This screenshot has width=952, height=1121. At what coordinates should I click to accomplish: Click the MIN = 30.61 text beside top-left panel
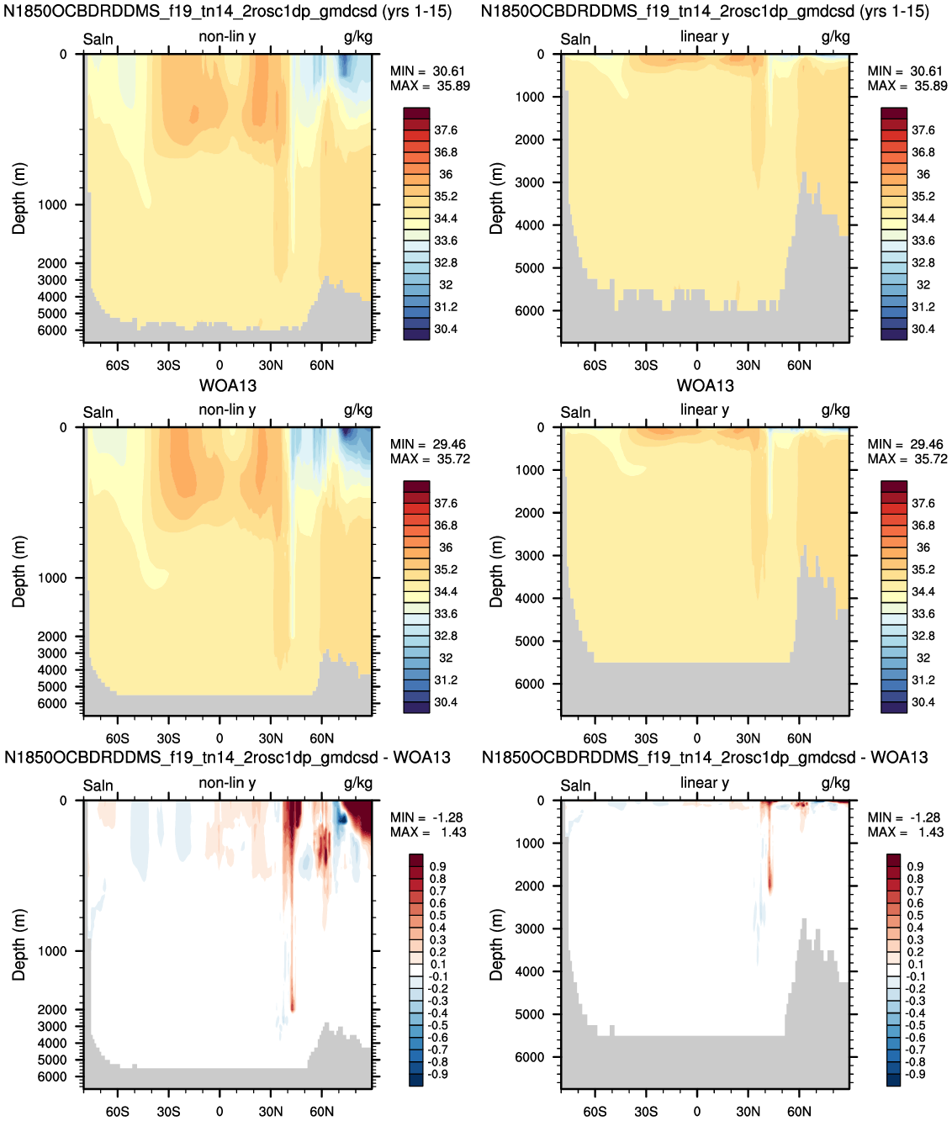pos(427,71)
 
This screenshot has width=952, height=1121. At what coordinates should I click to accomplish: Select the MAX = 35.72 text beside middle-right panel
pos(907,459)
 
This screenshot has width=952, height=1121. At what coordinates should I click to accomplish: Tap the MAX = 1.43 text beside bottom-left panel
pos(428,832)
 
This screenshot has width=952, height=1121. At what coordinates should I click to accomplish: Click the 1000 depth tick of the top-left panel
pos(52,205)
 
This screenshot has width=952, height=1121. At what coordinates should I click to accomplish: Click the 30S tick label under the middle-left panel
pos(168,738)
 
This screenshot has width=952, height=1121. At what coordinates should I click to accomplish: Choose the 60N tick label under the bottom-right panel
pos(799,1111)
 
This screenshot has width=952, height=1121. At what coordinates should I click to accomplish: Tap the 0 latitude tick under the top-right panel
pos(697,365)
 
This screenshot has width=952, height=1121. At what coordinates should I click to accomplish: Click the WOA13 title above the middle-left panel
pos(228,386)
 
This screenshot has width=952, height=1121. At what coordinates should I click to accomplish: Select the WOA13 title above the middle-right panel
pos(706,386)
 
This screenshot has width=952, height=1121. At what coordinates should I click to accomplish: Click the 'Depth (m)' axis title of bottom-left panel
pos(19,944)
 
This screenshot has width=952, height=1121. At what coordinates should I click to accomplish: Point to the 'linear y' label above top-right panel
pos(705,37)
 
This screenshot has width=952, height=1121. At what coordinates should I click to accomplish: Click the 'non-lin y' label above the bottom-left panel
pos(227,783)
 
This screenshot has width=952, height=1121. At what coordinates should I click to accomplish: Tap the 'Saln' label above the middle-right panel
pos(575,412)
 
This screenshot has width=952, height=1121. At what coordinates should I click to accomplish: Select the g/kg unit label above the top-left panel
pos(358,37)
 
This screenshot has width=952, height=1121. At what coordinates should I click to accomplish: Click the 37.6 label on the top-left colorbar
pos(446,130)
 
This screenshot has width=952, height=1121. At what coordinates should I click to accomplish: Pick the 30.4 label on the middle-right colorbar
pos(923,702)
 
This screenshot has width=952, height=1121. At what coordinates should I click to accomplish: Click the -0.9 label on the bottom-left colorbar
pos(438,1075)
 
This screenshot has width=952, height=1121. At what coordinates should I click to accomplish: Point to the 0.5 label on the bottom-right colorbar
pos(915,916)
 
